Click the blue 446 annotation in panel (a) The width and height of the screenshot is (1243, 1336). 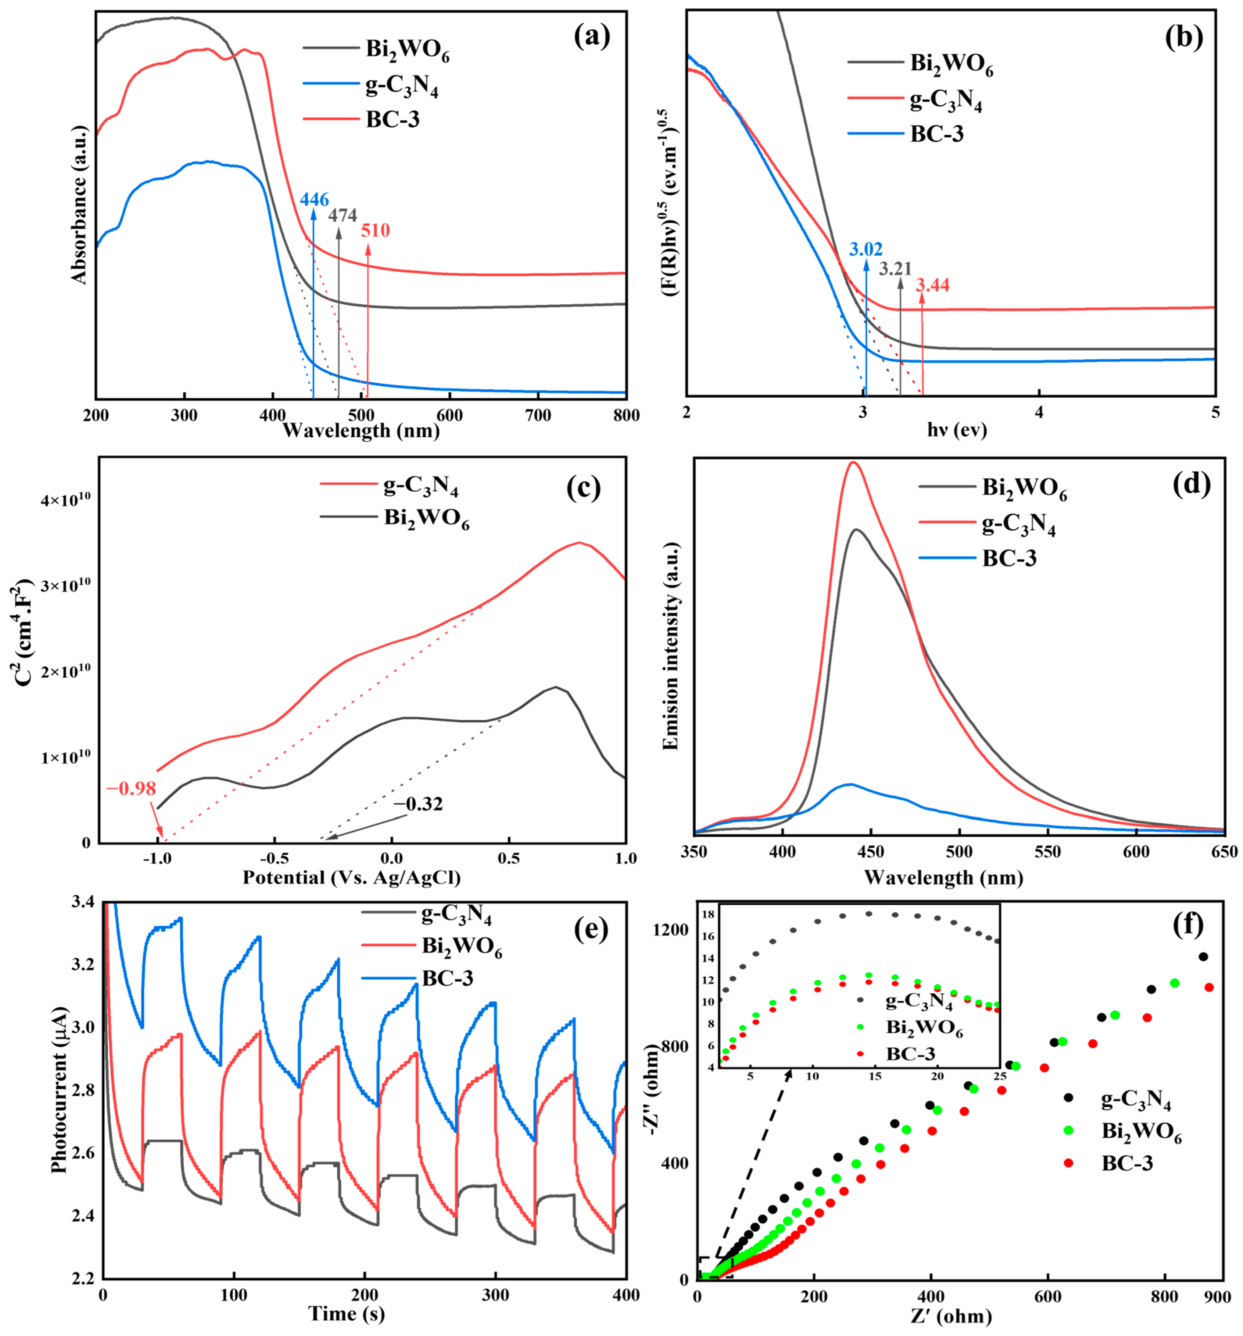314,200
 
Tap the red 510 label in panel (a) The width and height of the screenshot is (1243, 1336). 375,231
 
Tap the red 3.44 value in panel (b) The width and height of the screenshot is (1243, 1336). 932,285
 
